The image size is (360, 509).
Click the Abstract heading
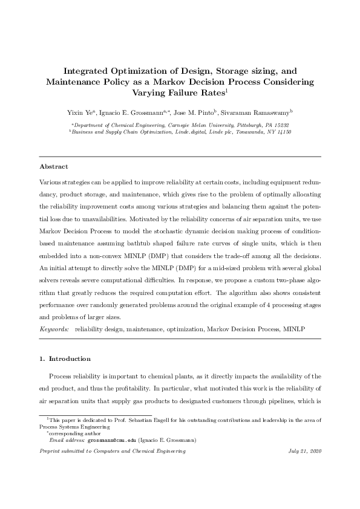(53, 166)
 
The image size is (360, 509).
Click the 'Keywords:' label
(54, 329)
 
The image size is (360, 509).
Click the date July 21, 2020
(306, 452)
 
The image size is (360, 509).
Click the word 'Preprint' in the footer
(50, 452)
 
